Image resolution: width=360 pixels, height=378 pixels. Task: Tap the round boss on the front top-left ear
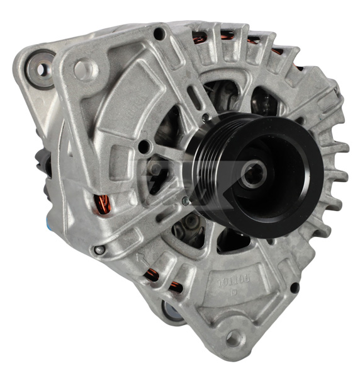pyautogui.click(x=85, y=69)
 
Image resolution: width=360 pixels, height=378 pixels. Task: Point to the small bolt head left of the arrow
pyautogui.click(x=99, y=250)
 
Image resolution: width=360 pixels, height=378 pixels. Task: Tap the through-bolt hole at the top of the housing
pyautogui.click(x=160, y=33)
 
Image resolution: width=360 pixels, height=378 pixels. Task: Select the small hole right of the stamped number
pyautogui.click(x=294, y=288)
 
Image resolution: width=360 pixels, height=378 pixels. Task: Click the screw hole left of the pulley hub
pyautogui.click(x=145, y=148)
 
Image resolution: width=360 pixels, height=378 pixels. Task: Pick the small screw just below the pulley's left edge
pyautogui.click(x=184, y=202)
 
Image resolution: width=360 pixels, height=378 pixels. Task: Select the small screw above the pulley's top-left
pyautogui.click(x=206, y=117)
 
